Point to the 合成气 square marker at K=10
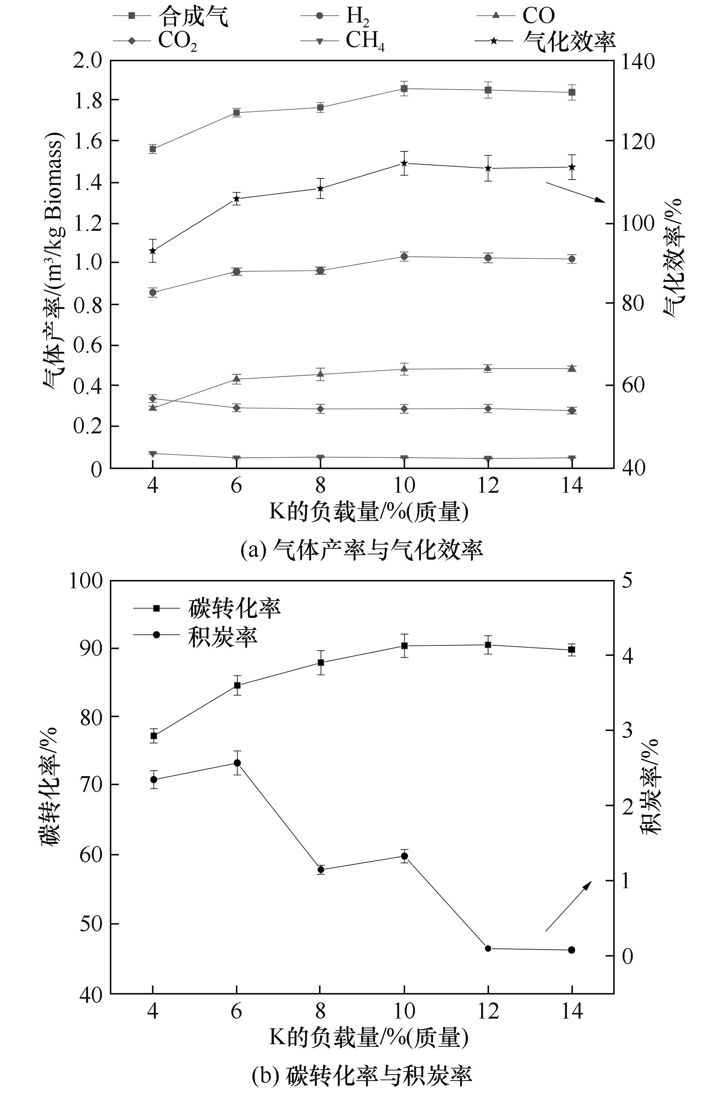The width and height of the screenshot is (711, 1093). [x=404, y=89]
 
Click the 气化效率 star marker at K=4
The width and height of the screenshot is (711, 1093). [x=153, y=251]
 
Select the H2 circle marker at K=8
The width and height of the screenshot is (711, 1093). [x=321, y=271]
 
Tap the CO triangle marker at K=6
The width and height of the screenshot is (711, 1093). [x=237, y=379]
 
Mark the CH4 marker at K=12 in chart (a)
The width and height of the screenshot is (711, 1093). [x=488, y=458]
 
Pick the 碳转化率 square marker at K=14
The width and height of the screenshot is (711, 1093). [x=572, y=650]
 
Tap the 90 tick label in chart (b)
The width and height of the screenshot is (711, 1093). [x=93, y=648]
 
